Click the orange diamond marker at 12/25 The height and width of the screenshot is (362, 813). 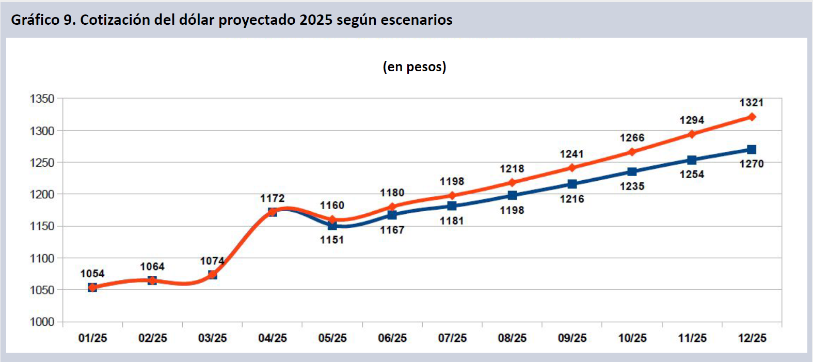coord(752,117)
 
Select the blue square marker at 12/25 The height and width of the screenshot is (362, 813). coord(752,150)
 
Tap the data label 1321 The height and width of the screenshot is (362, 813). coord(751,103)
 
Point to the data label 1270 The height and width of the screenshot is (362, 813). coord(751,164)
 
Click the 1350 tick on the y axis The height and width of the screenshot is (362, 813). coord(42,99)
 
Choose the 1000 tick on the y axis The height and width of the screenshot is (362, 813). coord(42,322)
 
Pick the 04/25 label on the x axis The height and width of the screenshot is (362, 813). coord(272,338)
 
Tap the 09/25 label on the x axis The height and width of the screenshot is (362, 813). coord(572,338)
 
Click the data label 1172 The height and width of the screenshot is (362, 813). coord(272,198)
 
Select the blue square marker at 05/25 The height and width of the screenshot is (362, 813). coord(332,226)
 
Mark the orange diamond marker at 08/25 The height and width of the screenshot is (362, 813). coord(512,182)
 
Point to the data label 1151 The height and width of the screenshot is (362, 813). coord(331,240)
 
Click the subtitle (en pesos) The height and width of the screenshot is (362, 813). coord(414,67)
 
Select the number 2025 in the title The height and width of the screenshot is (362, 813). coord(315,20)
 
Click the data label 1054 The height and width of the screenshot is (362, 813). coord(92,274)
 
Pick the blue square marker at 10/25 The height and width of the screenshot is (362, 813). coord(632,172)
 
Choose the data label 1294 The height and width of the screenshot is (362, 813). coord(692,120)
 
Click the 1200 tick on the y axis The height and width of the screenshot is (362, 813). coord(42,195)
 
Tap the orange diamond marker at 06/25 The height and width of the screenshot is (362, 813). coord(392,207)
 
